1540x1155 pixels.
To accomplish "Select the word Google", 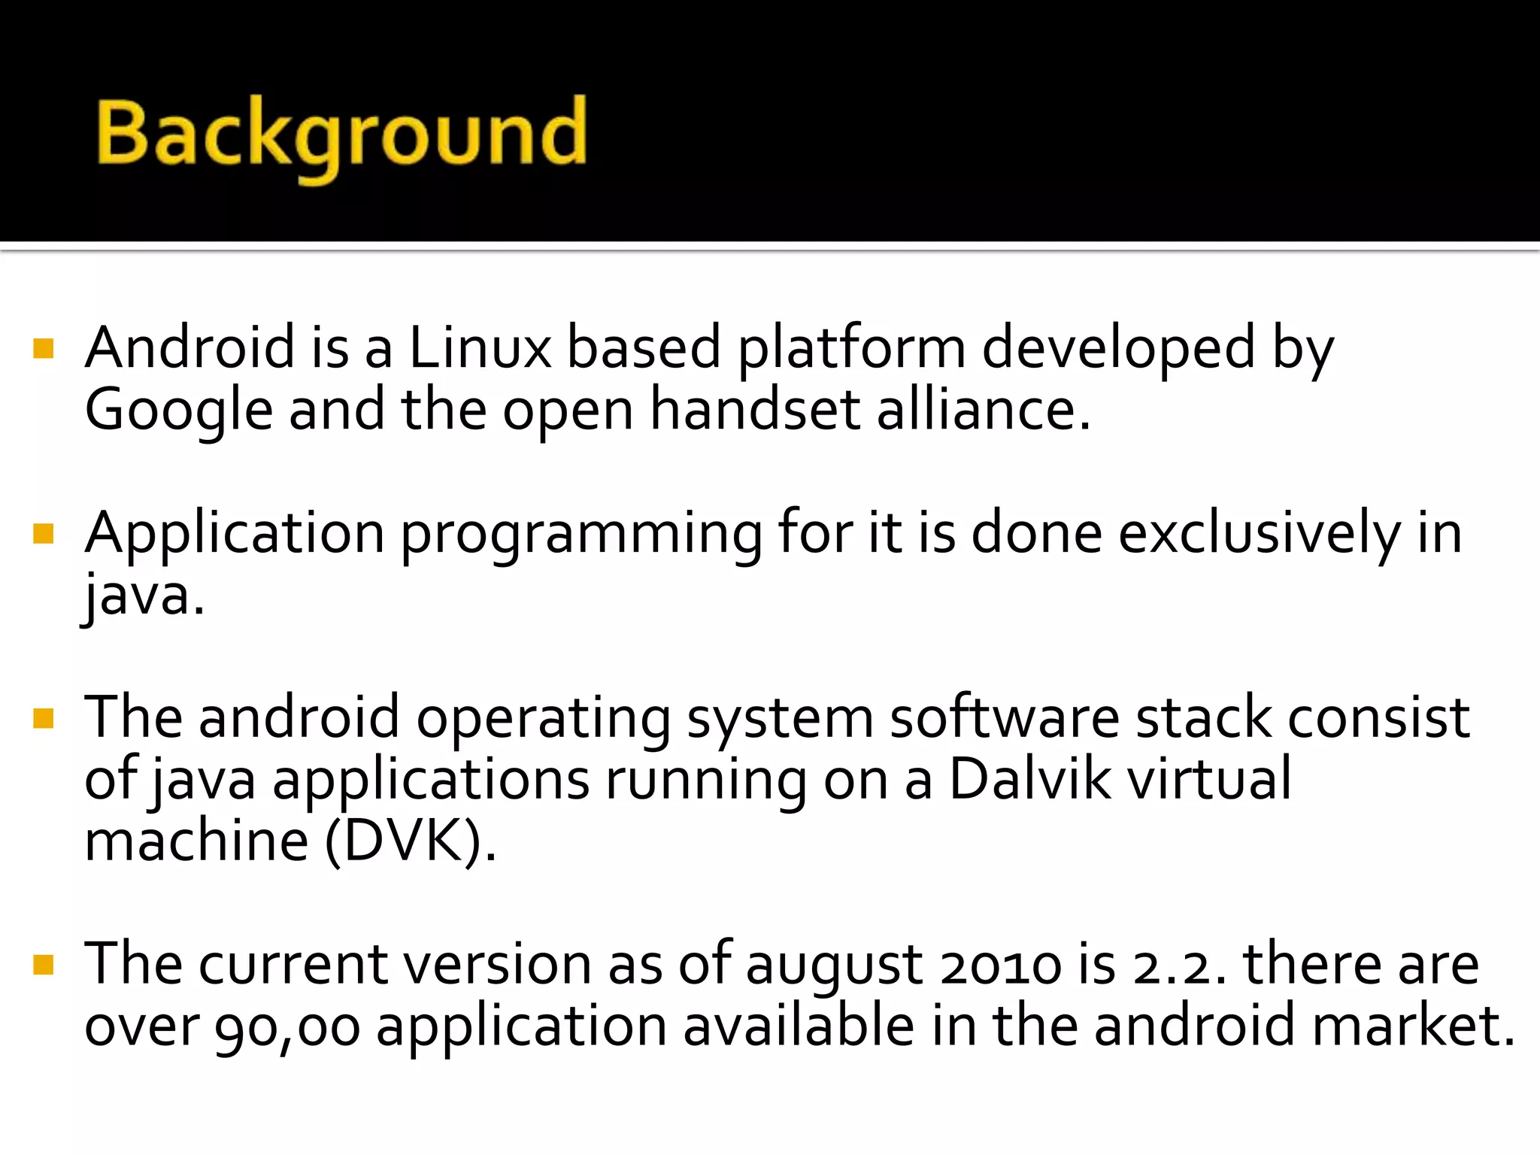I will (x=178, y=411).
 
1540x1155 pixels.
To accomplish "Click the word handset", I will (x=754, y=411).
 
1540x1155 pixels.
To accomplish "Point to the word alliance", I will (x=983, y=411).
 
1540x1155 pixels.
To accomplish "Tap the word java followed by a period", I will (x=143, y=596).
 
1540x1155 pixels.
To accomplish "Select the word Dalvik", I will (x=1029, y=779).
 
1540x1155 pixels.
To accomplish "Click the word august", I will (x=834, y=966).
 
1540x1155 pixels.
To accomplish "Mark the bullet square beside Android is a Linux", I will (x=44, y=348).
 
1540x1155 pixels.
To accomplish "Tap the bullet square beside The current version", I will (x=44, y=965).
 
